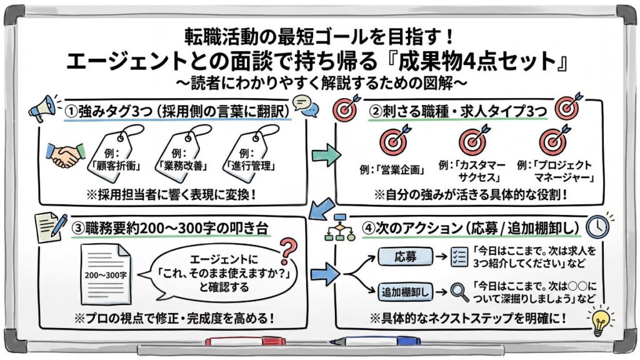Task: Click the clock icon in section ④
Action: (x=598, y=226)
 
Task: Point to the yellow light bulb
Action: (x=601, y=319)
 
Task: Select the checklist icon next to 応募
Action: (x=458, y=256)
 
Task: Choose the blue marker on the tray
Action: (x=362, y=342)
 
